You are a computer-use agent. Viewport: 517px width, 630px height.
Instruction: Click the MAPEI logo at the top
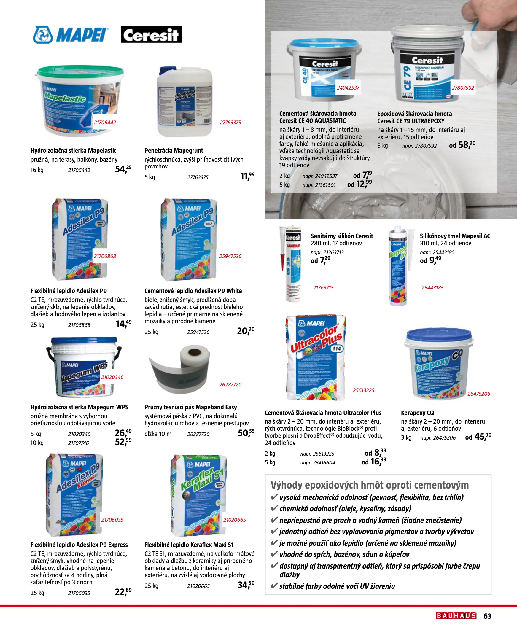click(70, 35)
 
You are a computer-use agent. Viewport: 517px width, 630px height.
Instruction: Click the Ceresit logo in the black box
click(151, 34)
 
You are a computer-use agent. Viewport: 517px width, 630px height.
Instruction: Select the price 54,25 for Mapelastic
click(123, 169)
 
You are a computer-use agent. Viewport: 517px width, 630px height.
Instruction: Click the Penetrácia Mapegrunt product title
click(174, 151)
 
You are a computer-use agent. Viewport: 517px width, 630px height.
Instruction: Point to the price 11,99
click(247, 176)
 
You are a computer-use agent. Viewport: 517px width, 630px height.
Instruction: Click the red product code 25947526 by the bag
click(230, 256)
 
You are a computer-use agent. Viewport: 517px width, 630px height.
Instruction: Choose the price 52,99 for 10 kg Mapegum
click(123, 442)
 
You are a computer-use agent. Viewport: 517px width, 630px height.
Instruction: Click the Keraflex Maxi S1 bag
click(198, 495)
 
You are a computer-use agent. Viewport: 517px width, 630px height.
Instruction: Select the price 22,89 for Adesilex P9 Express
click(123, 592)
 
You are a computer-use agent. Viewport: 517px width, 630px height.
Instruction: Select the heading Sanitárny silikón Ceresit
click(342, 236)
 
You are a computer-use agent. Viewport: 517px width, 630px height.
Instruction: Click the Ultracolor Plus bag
click(316, 357)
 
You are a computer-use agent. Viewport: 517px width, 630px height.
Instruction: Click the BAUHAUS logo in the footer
click(456, 616)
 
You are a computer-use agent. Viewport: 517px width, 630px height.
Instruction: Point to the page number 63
click(488, 616)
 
